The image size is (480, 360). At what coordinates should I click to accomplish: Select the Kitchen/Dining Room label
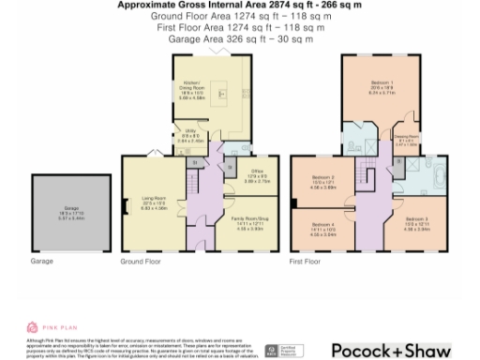click(193, 87)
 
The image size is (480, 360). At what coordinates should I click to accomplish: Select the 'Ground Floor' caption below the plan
click(139, 262)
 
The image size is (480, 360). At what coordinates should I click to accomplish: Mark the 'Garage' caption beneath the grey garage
click(41, 262)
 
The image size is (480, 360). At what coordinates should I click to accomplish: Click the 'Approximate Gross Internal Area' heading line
click(240, 6)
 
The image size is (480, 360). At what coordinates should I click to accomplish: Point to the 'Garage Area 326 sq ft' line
click(240, 41)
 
